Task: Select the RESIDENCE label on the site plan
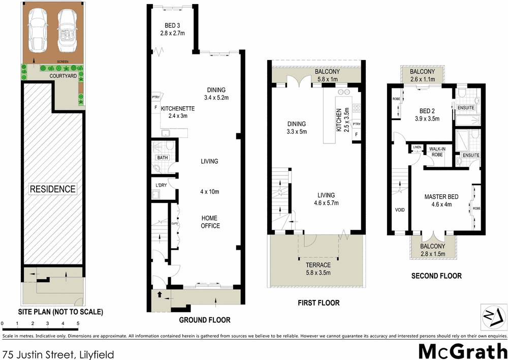click(52, 189)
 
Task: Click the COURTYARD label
click(63, 76)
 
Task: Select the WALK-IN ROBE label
click(437, 151)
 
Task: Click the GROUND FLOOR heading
click(205, 320)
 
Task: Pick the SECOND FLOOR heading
click(436, 276)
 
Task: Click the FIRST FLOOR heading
click(319, 303)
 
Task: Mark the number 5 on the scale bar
click(78, 323)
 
